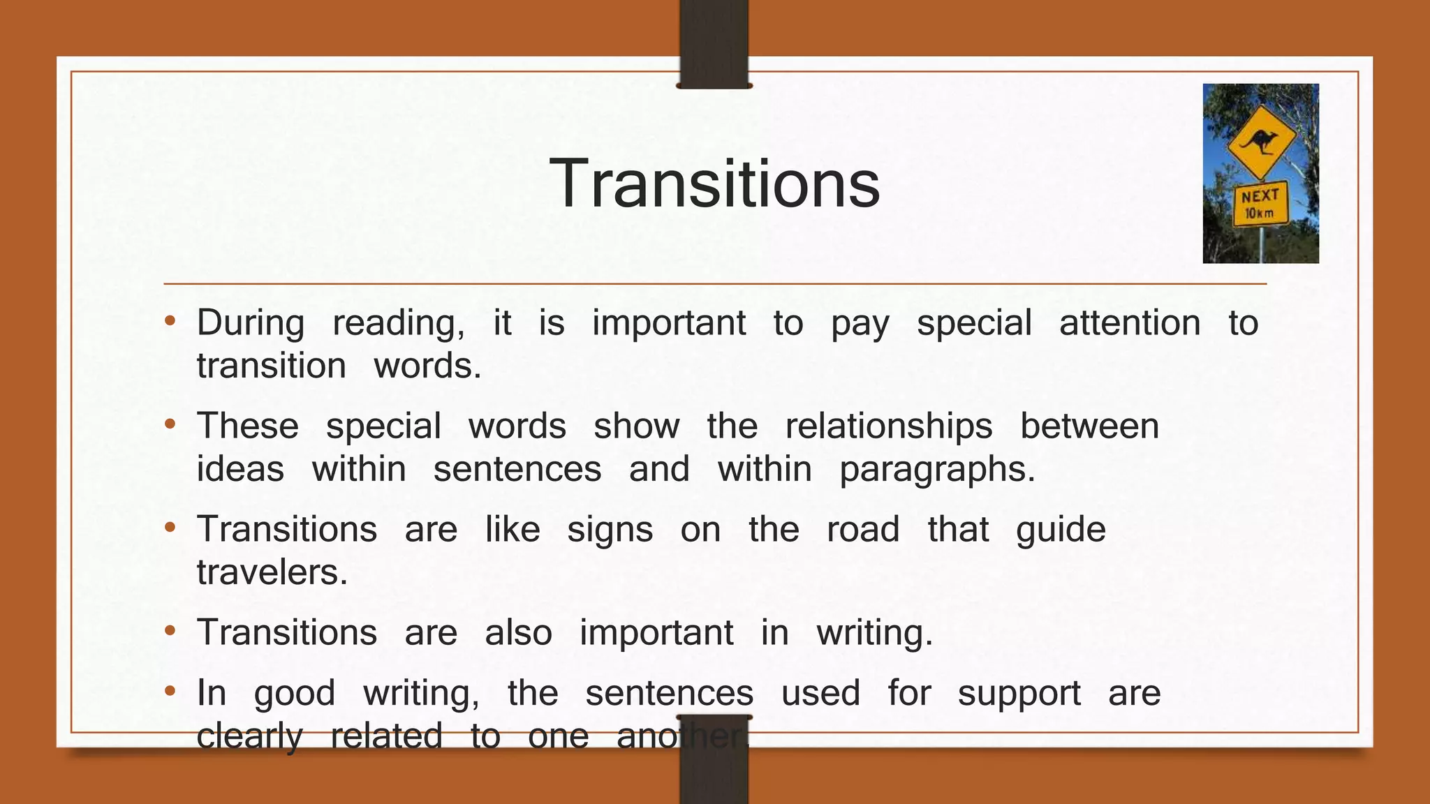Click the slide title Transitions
point(714,183)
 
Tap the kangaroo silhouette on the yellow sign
point(1261,142)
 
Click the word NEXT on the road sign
point(1260,196)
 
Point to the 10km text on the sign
point(1259,213)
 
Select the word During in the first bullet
point(251,323)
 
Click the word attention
point(1130,323)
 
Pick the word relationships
point(888,426)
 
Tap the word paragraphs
point(937,470)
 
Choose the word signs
point(610,530)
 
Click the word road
point(863,529)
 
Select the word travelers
point(272,572)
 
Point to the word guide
point(1061,530)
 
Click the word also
point(518,632)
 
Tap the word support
point(1019,694)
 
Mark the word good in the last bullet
point(295,694)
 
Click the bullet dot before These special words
point(170,424)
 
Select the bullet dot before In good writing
point(170,692)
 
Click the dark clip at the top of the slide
point(714,43)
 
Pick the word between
point(1089,426)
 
